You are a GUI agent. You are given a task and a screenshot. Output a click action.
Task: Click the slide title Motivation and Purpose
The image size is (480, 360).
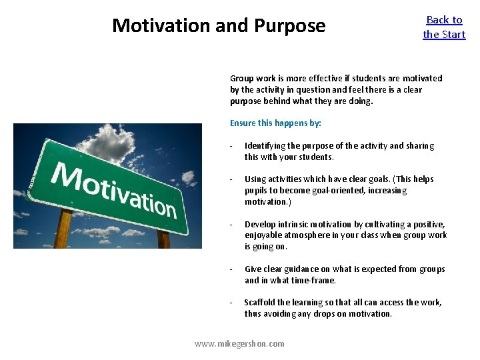pyautogui.click(x=219, y=25)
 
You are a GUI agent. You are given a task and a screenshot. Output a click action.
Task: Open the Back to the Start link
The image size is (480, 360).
pyautogui.click(x=444, y=27)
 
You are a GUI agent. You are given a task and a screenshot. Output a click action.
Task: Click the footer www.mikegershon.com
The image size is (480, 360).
pyautogui.click(x=239, y=343)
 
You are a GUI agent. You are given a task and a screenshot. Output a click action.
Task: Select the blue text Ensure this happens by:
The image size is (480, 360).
pyautogui.click(x=275, y=123)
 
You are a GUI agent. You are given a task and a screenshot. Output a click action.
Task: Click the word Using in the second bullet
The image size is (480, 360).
pyautogui.click(x=255, y=179)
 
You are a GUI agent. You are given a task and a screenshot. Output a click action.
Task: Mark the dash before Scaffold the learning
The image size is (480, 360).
pyautogui.click(x=231, y=303)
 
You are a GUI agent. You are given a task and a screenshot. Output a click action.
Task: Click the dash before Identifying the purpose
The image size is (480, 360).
pyautogui.click(x=231, y=146)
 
